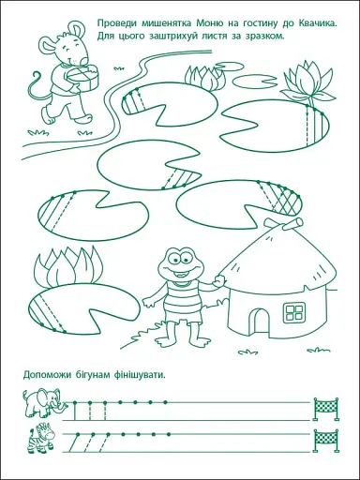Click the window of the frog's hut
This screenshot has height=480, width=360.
294,311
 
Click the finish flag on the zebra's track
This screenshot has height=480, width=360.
326,441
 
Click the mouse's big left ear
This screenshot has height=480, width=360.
49,45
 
